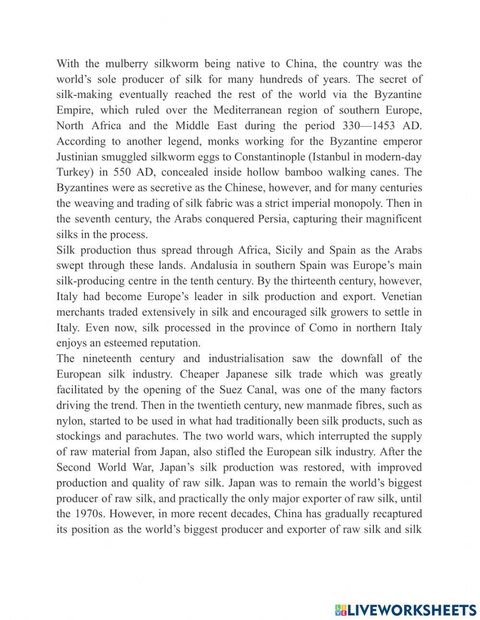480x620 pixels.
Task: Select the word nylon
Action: [x=70, y=421]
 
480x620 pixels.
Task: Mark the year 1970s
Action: [x=89, y=514]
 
